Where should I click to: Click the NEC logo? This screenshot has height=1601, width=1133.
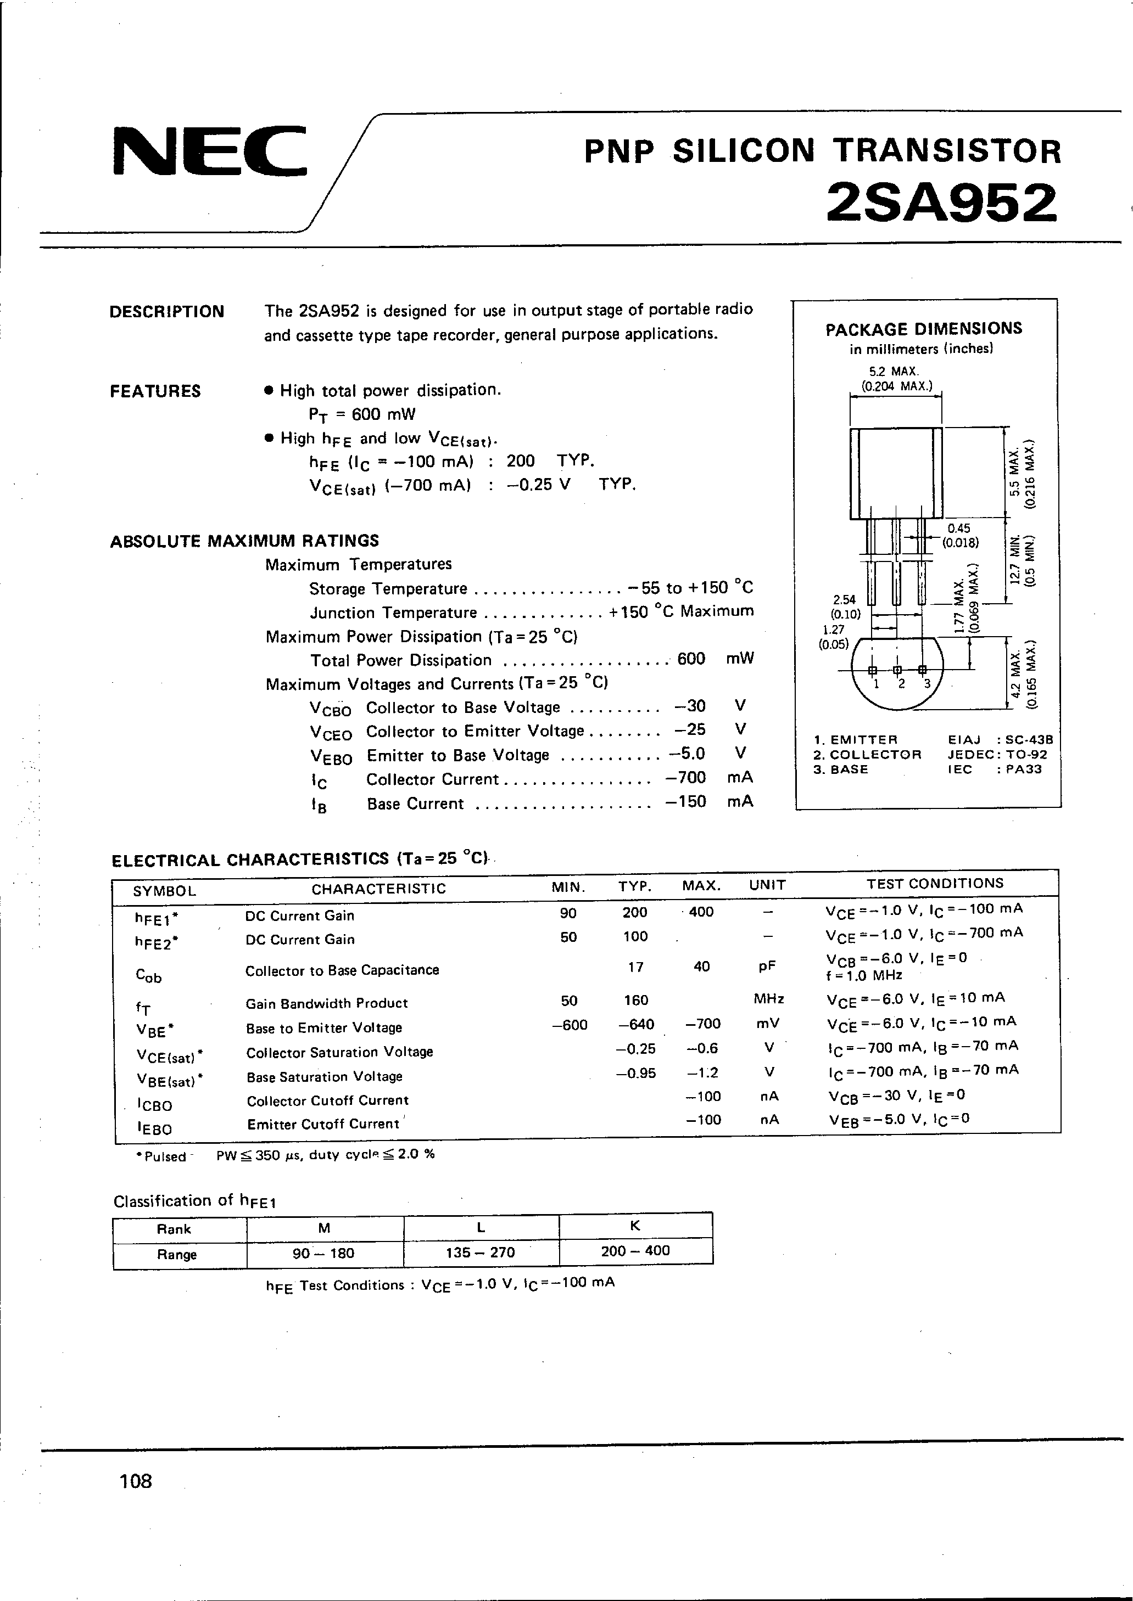coord(209,150)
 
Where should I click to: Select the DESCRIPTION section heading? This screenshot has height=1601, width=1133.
coord(167,312)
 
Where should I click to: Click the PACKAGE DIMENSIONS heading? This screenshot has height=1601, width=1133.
coord(924,328)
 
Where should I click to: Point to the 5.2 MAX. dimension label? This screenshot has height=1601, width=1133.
coord(894,371)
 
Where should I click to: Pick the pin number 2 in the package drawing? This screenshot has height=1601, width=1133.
coord(901,684)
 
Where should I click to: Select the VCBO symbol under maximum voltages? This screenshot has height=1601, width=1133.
coord(330,709)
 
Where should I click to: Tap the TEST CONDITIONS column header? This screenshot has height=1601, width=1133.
coord(934,884)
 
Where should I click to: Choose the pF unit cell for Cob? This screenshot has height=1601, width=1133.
coord(767,966)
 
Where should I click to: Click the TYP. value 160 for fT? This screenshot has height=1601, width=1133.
coord(635,1000)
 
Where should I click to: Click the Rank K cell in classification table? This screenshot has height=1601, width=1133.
coord(635,1225)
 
